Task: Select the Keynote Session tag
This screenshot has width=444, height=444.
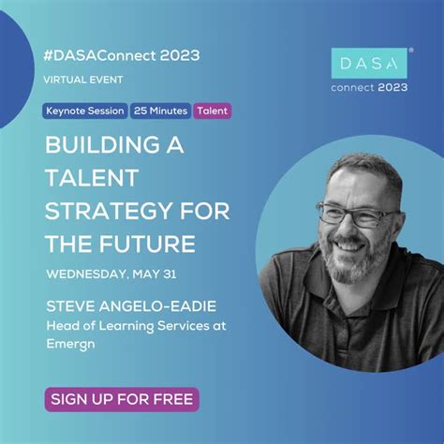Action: point(85,111)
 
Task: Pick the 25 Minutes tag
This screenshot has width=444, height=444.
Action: point(160,111)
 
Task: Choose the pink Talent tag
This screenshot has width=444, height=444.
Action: point(212,111)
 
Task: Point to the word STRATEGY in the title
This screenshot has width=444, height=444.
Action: point(107,211)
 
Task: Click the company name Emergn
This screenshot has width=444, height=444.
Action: point(73,342)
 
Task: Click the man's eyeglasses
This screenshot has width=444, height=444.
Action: point(357,216)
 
